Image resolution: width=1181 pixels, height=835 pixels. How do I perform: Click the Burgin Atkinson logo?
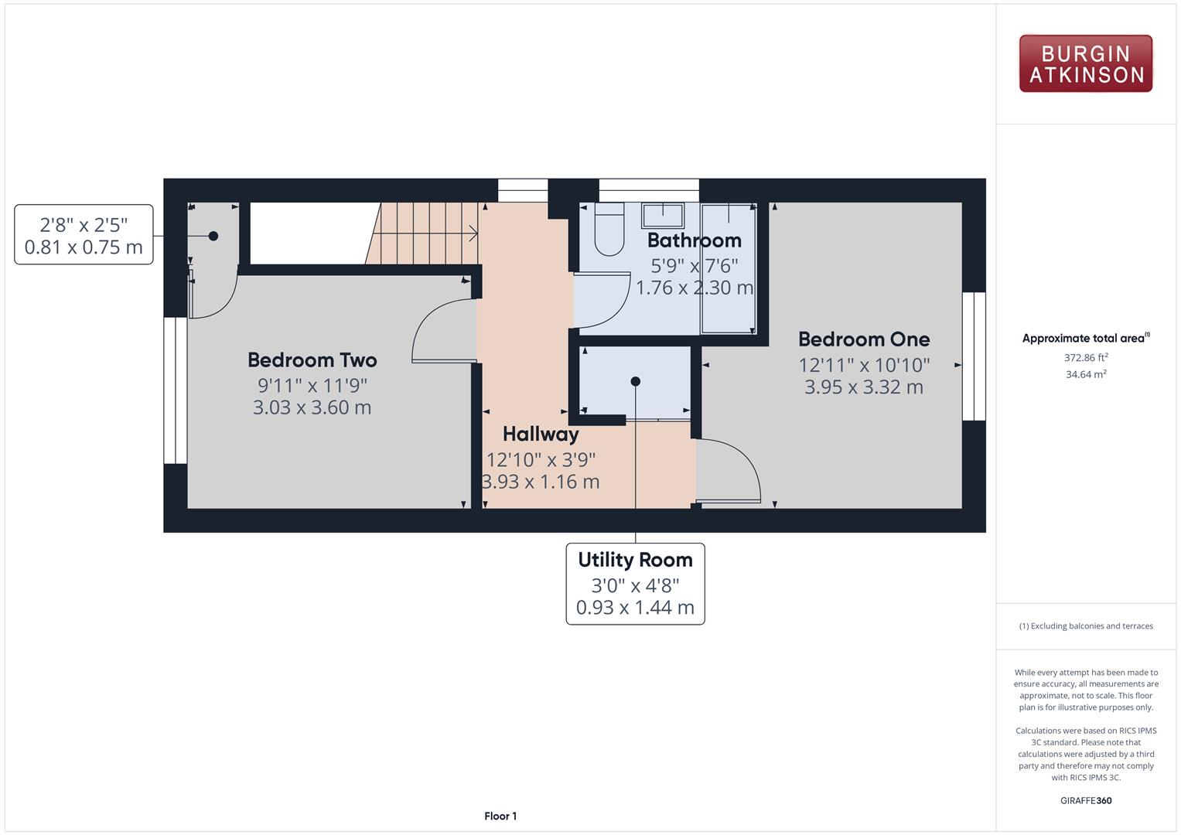point(1086,63)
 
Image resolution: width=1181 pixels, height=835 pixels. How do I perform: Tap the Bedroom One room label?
point(864,339)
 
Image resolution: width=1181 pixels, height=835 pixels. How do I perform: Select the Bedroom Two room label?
point(312,360)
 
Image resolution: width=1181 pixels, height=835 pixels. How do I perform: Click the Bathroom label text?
point(695,240)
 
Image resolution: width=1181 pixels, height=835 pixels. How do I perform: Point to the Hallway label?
point(541,435)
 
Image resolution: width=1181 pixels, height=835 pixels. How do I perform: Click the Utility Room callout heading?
point(635,560)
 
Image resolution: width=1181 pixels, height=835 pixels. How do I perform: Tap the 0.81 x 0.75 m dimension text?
point(84,247)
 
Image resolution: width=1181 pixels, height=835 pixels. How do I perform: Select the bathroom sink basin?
point(663,216)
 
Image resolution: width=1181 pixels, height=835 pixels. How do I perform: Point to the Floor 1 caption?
point(500,816)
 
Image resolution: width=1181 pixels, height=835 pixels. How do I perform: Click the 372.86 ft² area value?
point(1086,357)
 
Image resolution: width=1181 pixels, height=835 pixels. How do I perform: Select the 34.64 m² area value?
point(1086,374)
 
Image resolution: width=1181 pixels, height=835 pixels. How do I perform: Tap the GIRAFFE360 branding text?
point(1086,800)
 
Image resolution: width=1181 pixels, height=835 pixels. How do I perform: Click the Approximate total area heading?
point(1086,338)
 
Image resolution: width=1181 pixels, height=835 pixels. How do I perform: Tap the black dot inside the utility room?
point(635,381)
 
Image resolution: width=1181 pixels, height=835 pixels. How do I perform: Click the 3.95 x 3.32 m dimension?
point(864,387)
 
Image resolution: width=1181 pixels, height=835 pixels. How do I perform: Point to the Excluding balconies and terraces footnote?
point(1086,626)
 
